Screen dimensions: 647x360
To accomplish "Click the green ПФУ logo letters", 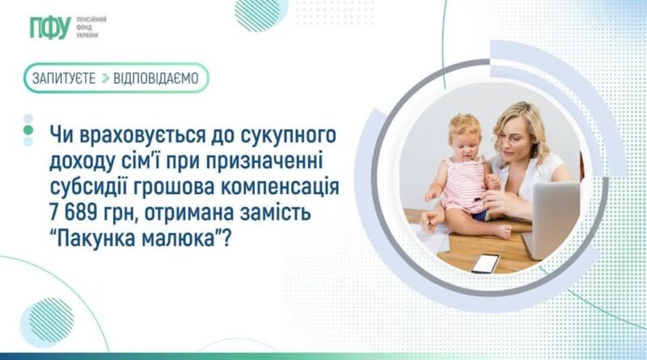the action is click(50, 28).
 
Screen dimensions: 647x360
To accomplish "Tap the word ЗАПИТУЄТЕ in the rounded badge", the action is click(64, 78).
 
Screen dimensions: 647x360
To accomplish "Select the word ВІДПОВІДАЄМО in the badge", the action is click(156, 78).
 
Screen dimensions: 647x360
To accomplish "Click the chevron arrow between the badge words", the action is click(105, 78).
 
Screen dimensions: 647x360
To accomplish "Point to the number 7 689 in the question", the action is click(78, 213).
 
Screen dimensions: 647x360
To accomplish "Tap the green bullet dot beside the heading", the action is click(28, 130).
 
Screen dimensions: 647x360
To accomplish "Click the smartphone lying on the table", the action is click(486, 264).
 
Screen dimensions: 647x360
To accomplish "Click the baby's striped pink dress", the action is click(463, 186).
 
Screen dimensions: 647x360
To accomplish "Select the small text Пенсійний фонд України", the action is click(91, 28).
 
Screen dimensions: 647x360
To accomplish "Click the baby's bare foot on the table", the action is click(501, 232).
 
